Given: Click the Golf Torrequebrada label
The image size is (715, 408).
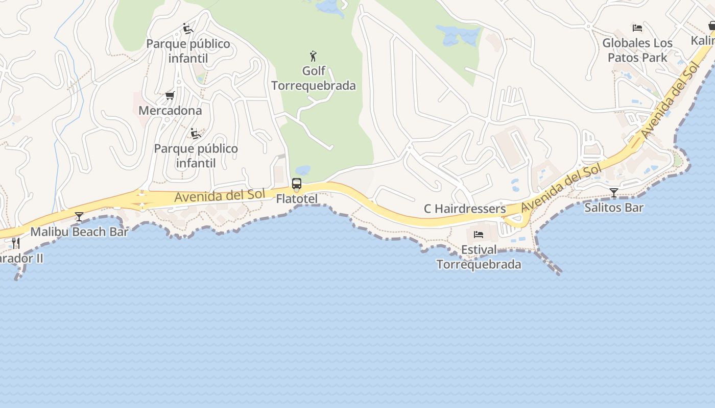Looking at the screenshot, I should pos(313,78).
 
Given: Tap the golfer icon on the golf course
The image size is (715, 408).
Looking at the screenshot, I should pos(313,56).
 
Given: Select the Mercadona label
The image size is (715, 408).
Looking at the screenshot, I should pos(170,110).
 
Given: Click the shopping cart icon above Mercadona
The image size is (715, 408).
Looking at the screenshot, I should pos(170,95).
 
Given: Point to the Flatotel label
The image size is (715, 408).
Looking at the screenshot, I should pos(297,199).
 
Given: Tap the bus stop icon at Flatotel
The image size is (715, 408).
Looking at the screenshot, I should pos(297,184).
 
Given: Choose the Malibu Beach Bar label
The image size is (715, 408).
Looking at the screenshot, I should pos(79,232).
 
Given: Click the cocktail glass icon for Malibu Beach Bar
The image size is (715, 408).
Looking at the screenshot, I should pos(79,217).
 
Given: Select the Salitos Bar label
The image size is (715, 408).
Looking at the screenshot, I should pos(614,208).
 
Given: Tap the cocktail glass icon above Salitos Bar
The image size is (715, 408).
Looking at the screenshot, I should pos(614,193).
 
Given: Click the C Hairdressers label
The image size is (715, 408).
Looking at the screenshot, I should pos(465,209).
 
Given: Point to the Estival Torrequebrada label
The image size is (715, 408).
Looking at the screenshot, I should pos(479,257).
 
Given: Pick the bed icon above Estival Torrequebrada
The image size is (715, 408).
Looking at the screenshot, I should pos(479,235).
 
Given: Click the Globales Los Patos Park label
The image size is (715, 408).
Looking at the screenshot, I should pos(637,50).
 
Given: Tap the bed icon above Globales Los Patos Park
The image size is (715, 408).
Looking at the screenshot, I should pos(637,28).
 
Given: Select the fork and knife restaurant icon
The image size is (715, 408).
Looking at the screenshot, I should pos(16,243).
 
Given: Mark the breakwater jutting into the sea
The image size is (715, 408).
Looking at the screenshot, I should pos(550,263).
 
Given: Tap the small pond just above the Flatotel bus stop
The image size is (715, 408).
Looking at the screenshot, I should pos(302,170).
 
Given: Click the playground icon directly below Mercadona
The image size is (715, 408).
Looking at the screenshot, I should pos(195,134).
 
